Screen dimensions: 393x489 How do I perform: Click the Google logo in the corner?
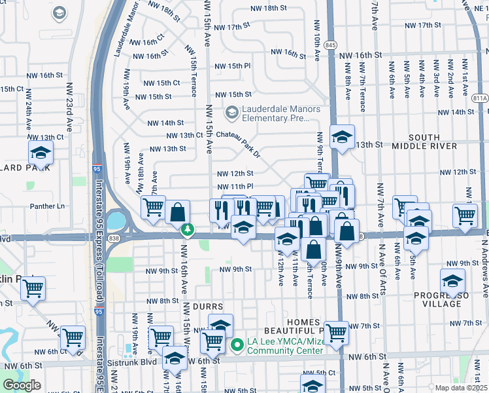[x=22, y=384]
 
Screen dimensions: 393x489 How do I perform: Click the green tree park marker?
[x=188, y=229]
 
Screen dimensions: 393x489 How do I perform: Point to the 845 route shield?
[x=331, y=45]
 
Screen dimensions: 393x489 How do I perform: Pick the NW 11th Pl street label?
[x=235, y=187]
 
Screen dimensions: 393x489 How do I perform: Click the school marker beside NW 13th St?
[x=342, y=138]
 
